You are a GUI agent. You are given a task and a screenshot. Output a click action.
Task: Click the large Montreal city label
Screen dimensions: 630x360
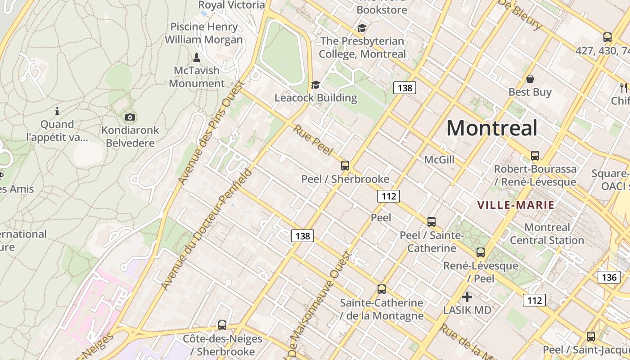(x=492, y=128)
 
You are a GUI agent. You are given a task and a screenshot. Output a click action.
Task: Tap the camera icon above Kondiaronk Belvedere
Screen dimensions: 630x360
(x=130, y=117)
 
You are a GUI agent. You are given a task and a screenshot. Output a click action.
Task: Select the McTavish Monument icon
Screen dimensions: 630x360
(x=196, y=58)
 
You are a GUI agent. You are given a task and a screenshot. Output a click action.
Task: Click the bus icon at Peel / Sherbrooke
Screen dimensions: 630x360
(x=345, y=165)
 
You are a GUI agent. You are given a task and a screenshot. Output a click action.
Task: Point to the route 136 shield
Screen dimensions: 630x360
(x=609, y=277)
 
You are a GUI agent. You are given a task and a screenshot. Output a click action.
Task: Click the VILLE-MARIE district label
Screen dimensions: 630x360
(x=516, y=205)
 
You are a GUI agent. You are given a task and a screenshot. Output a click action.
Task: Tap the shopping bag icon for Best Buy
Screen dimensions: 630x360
(x=530, y=79)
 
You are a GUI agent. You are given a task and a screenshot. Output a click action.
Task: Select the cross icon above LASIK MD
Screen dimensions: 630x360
(x=467, y=297)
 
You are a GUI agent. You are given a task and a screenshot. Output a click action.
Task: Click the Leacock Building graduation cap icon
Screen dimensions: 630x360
(x=315, y=85)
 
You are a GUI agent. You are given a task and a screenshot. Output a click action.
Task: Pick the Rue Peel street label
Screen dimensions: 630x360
(x=314, y=140)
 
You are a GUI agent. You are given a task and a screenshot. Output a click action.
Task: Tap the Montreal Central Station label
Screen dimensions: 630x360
(x=547, y=234)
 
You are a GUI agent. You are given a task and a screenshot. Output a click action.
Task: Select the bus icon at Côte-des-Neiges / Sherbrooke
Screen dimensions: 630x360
(x=222, y=325)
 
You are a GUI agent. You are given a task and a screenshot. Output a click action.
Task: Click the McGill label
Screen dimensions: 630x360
(x=439, y=160)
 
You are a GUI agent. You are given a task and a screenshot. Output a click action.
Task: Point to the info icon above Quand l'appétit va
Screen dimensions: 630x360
(x=57, y=111)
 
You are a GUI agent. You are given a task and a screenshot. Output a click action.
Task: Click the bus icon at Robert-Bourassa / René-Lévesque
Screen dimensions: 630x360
(x=535, y=156)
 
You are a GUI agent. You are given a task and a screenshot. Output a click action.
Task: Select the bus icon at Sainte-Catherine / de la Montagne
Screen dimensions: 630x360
(x=382, y=289)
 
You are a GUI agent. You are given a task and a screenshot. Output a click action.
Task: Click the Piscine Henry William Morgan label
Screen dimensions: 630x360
(x=203, y=33)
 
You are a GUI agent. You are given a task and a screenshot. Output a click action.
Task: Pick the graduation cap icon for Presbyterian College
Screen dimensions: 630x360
(x=362, y=28)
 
